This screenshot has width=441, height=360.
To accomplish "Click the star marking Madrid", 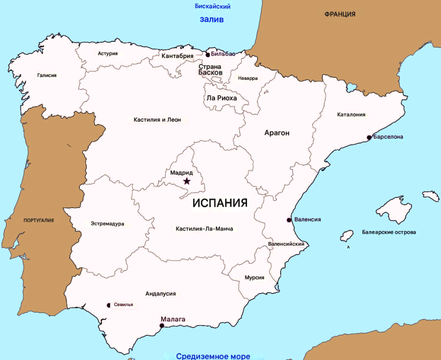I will point(187,181).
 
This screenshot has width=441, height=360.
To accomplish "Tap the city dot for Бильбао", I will point(208,55).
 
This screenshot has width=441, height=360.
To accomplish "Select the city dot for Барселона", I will point(369,137).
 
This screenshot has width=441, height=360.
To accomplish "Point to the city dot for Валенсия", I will point(289,220).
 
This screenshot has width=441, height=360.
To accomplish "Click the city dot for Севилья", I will point(109,305).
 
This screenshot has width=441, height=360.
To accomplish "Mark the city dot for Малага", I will point(162,326).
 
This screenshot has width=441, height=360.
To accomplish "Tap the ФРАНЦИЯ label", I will point(340,14).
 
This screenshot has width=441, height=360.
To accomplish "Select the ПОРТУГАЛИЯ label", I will point(39,221).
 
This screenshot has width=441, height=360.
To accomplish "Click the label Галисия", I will point(47,75).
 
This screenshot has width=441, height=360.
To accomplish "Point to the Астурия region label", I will point(108,53).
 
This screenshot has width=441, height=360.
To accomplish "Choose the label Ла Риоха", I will point(221,98).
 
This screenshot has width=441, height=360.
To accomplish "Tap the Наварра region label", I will point(248,79).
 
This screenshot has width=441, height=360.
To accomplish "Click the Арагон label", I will point(277,133).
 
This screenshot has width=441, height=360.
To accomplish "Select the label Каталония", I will point(351,114).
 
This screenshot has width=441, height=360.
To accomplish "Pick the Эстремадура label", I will point(107,224).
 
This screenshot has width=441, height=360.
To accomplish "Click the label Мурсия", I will point(254,278).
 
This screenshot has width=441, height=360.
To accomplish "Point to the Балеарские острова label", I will point(389,232).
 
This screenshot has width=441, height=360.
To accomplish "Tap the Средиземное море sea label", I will point(213,356).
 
